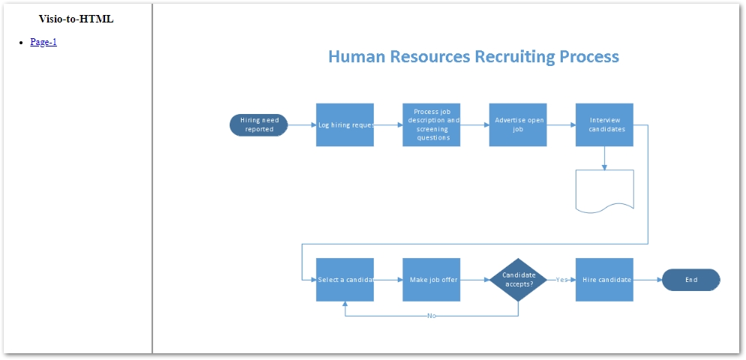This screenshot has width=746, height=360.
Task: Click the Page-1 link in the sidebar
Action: point(44,42)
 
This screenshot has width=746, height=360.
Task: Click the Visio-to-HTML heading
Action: point(77,19)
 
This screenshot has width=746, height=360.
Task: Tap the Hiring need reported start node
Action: point(259,124)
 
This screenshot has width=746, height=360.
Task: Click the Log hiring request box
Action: point(344,124)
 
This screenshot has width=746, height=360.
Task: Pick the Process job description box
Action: point(432,124)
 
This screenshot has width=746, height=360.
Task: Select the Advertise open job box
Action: point(518,124)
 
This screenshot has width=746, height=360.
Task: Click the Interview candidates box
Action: point(604,124)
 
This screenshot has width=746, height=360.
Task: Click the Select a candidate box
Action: point(344,280)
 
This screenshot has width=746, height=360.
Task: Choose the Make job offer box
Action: point(432,280)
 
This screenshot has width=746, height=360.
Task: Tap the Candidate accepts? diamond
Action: point(518,280)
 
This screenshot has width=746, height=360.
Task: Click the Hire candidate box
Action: point(604,280)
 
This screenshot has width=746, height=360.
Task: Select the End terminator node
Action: point(690,280)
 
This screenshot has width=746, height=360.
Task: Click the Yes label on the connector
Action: point(561,280)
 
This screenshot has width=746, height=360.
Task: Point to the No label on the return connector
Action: point(432,316)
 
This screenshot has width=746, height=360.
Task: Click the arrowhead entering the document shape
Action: point(604,166)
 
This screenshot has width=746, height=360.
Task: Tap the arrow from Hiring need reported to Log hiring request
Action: point(302,124)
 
